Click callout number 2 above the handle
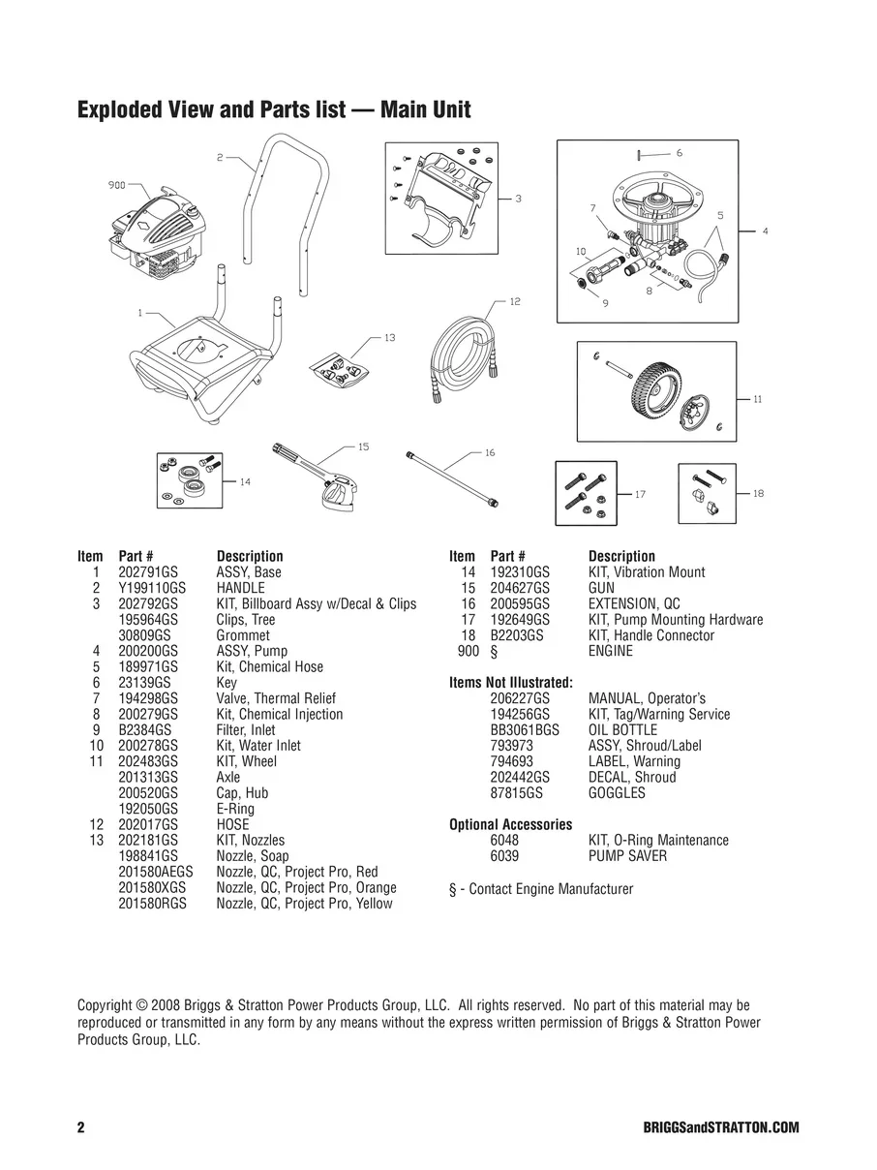pos(220,156)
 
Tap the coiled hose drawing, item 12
pos(465,354)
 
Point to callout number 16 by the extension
pos(490,452)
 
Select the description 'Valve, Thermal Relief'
pos(276,698)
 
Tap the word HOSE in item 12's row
pos(232,825)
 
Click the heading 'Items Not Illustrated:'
pos(510,683)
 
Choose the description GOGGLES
pos(617,793)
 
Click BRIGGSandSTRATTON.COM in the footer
pos(720,1128)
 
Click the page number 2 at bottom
pos(81,1128)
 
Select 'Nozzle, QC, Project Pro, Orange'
pos(306,888)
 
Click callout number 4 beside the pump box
pos(765,231)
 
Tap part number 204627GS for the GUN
pos(520,588)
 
